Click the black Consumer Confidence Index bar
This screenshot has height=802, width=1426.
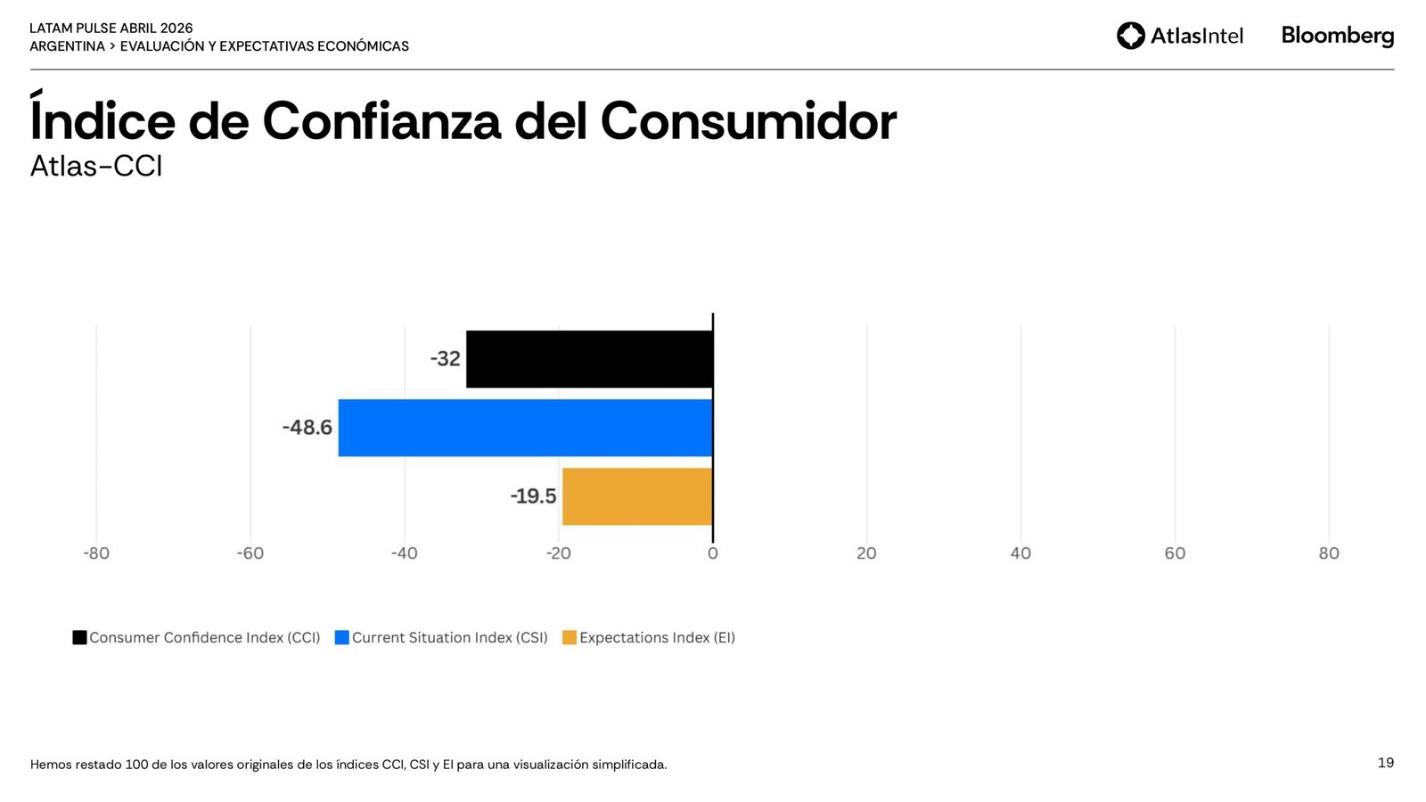pos(589,359)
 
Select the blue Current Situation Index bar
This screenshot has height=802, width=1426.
pos(525,428)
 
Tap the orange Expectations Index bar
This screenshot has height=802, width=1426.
pos(637,496)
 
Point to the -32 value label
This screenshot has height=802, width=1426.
pos(446,359)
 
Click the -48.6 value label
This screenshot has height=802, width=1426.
pos(307,428)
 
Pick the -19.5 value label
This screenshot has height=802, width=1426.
pos(533,496)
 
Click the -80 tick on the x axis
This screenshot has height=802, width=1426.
pos(96,553)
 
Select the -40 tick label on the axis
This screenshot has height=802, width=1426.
pos(404,553)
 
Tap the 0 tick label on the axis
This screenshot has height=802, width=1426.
pos(713,553)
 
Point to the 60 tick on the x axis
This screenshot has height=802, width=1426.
pos(1175,553)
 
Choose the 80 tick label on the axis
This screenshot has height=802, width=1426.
pos(1329,553)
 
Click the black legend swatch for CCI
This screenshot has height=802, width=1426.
pos(79,637)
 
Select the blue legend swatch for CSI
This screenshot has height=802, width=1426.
pos(341,637)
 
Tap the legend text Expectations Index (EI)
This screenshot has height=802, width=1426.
pos(657,638)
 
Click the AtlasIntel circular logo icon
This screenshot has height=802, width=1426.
pos(1131,36)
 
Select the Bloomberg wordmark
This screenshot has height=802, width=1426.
pos(1338,36)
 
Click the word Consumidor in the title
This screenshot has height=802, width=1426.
pos(749,121)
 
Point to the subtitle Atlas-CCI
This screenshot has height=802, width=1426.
pos(96,167)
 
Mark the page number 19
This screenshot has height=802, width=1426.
pos(1386,763)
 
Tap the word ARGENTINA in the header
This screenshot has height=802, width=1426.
pos(67,46)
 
